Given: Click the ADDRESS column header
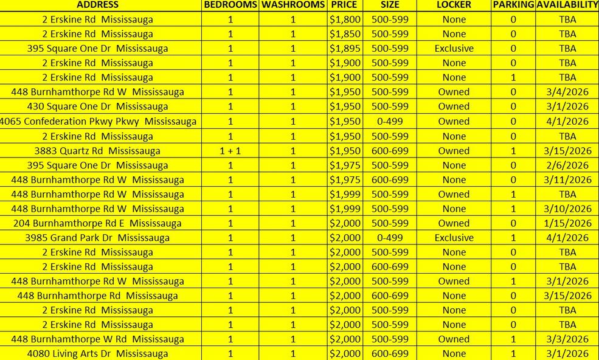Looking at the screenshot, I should click(x=97, y=5).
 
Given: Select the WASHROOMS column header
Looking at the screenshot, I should click(x=293, y=5).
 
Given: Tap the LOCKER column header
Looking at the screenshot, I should click(x=454, y=5).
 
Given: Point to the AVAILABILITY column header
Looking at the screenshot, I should click(x=567, y=5).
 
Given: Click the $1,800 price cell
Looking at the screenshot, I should click(x=345, y=19).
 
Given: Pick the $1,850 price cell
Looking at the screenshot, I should click(x=345, y=34).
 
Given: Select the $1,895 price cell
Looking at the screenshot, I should click(x=345, y=49).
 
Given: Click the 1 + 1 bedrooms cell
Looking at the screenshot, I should click(x=230, y=151).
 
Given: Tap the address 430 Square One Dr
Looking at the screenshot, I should click(x=97, y=107).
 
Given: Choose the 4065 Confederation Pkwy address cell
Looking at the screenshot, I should click(x=97, y=122).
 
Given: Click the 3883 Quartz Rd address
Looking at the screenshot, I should click(x=97, y=151).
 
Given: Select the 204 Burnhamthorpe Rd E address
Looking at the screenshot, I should click(x=97, y=223).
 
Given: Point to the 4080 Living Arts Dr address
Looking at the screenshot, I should click(x=97, y=354).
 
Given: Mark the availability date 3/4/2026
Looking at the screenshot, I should click(x=567, y=92).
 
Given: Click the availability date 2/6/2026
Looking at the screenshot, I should click(x=567, y=165).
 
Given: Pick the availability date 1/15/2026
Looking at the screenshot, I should click(x=567, y=223).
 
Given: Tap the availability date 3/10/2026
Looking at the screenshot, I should click(x=567, y=209).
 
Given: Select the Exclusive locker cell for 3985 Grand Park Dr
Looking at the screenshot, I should click(x=454, y=238).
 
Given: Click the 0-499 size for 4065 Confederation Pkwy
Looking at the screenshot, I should click(x=390, y=122).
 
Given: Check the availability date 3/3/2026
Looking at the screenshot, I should click(x=567, y=339).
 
